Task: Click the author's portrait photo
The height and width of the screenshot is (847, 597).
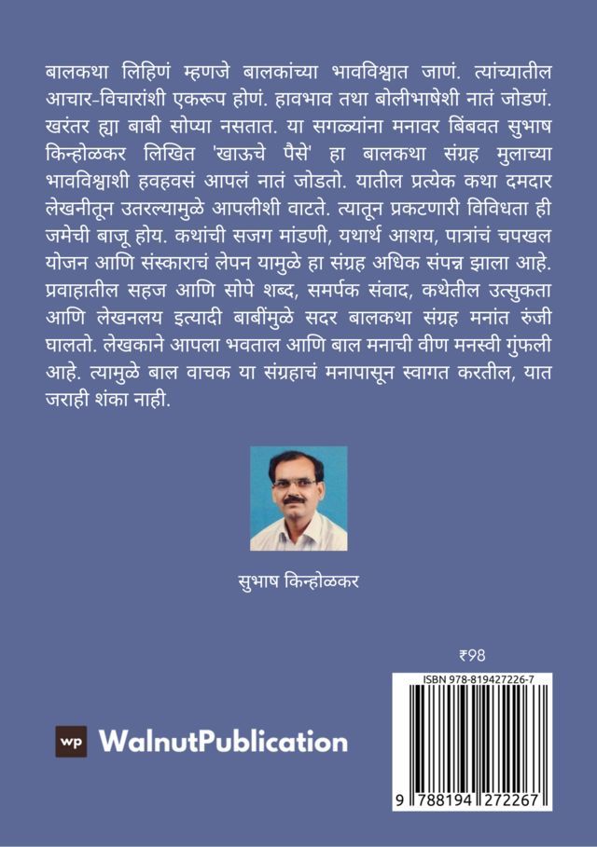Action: (x=298, y=498)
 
